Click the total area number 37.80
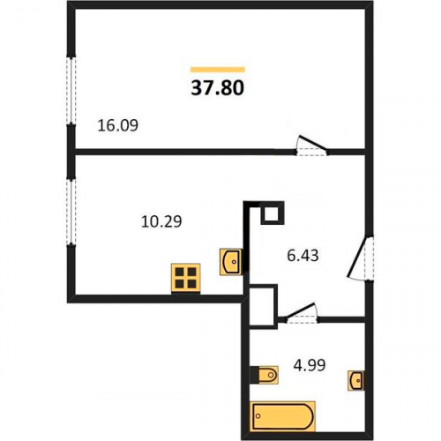(x=218, y=87)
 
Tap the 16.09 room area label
(x=117, y=125)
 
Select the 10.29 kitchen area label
(x=161, y=221)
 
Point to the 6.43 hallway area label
(x=303, y=255)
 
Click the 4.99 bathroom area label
(x=310, y=365)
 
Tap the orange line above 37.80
(x=218, y=70)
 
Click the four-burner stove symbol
(x=186, y=278)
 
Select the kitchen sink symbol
(x=231, y=262)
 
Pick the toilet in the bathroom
(x=264, y=375)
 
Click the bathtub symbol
(x=282, y=416)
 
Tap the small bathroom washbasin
(x=356, y=380)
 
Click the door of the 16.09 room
(x=312, y=146)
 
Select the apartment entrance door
(x=361, y=258)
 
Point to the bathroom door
(x=302, y=313)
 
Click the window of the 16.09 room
(x=71, y=90)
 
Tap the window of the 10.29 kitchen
(x=71, y=212)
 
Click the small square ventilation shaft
(x=273, y=213)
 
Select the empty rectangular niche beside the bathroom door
(x=264, y=306)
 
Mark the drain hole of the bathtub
(x=258, y=416)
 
